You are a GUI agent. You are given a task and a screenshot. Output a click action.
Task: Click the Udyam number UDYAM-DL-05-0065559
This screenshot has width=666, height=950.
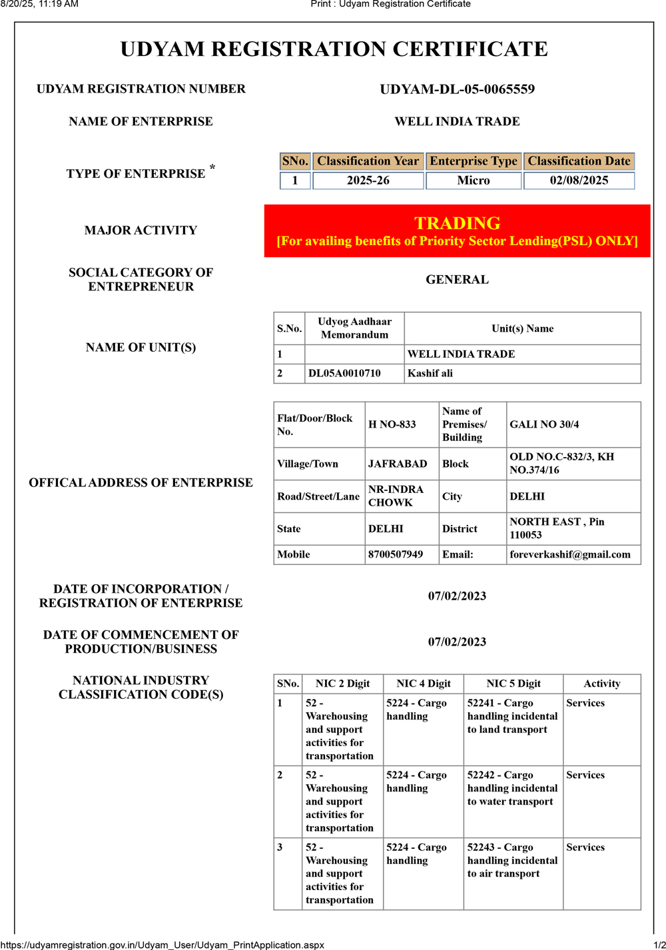click(x=457, y=89)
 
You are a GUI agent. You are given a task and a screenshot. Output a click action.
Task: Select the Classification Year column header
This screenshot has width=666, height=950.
click(x=368, y=161)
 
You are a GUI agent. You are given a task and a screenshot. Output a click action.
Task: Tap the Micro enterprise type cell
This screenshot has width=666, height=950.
click(x=473, y=181)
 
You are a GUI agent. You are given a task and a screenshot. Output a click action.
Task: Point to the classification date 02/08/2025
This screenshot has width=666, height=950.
click(x=579, y=181)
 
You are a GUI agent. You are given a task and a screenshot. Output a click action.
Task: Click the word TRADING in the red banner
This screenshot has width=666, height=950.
click(x=457, y=223)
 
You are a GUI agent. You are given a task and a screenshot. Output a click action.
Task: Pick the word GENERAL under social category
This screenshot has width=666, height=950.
click(x=457, y=280)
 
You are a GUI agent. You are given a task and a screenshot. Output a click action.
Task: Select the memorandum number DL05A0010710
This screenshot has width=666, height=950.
click(x=344, y=373)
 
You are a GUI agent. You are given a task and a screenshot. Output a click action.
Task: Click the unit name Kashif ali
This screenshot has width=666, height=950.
click(x=430, y=373)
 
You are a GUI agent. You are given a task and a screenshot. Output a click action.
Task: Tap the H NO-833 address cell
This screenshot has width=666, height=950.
click(x=392, y=424)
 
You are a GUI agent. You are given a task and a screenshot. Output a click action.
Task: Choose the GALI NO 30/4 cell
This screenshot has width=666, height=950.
click(x=544, y=424)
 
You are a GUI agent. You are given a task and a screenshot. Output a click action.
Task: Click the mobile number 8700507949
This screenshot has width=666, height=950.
click(x=396, y=554)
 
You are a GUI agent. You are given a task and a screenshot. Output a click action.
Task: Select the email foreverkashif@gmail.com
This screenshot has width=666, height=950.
click(x=570, y=554)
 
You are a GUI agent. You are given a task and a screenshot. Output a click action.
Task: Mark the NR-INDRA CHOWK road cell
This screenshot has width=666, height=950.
click(x=396, y=496)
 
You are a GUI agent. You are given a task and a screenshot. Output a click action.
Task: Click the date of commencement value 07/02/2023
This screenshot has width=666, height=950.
click(x=457, y=642)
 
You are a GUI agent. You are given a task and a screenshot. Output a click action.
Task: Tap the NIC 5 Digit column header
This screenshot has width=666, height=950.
click(x=513, y=684)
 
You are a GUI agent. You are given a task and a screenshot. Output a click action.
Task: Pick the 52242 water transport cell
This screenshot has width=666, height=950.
click(x=512, y=788)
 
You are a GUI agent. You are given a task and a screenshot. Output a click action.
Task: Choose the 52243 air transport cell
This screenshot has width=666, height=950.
click(x=512, y=860)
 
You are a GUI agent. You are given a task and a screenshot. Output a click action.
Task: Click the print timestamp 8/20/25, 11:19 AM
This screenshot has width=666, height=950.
click(x=39, y=4)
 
